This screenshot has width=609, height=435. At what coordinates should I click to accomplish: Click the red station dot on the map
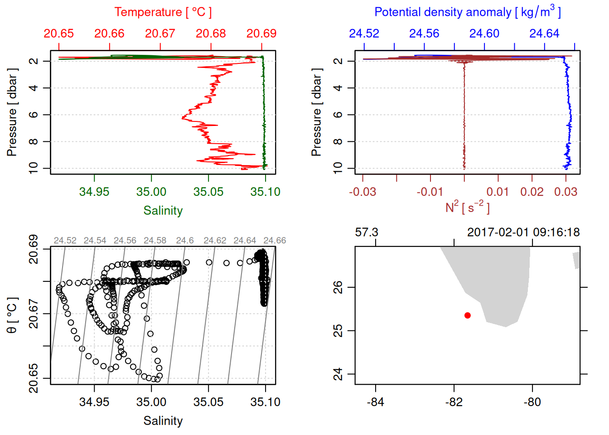coord(468,315)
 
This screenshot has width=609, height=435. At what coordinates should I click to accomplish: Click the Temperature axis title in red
coord(163,12)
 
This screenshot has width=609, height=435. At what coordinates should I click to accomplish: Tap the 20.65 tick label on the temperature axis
coord(59,34)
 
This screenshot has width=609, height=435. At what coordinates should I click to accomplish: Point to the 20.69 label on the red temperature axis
coord(261,34)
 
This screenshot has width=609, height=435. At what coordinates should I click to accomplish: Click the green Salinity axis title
coord(163,211)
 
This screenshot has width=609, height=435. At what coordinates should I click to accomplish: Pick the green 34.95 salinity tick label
coord(94,192)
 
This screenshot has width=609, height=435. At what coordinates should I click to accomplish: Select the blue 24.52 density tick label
coord(364,34)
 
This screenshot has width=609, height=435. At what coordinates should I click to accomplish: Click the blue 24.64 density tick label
coord(544,34)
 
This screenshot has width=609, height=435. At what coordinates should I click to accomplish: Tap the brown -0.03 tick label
coord(362,192)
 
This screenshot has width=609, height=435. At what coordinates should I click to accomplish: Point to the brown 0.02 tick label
coord(532,192)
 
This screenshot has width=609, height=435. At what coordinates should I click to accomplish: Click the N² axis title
coord(468,208)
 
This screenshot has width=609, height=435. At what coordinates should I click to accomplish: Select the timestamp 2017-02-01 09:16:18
coord(523,232)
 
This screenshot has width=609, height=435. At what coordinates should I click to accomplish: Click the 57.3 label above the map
coord(367,232)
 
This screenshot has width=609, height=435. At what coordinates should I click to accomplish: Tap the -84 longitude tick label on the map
coord(376,402)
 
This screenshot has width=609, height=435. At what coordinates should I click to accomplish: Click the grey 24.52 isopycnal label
coord(65,241)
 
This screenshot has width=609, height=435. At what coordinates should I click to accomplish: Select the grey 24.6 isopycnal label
coord(185,241)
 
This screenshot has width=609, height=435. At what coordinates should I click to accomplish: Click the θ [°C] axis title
coord(12,315)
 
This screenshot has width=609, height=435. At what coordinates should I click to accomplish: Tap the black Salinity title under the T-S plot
coord(163,421)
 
